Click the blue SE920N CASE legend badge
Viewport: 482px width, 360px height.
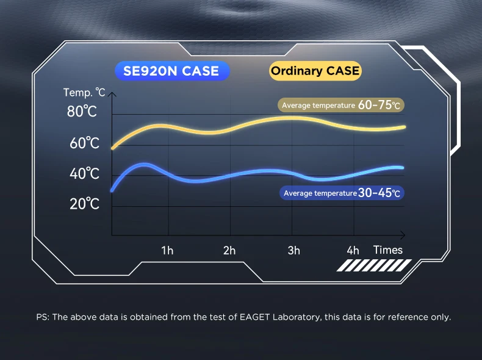[172, 71]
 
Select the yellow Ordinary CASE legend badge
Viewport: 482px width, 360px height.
[315, 71]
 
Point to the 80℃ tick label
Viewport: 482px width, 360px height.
[82, 111]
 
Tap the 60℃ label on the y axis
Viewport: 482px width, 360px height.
[84, 143]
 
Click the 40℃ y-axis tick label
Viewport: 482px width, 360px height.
[84, 173]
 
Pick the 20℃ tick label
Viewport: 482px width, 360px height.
[84, 204]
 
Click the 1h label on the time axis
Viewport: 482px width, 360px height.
[167, 251]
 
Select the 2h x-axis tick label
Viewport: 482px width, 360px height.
[229, 251]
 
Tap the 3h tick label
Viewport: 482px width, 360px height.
[294, 251]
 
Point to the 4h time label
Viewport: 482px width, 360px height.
[353, 251]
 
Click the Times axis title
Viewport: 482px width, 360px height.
[388, 250]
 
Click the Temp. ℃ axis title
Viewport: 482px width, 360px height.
[84, 92]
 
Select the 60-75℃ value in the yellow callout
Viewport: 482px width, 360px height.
[379, 105]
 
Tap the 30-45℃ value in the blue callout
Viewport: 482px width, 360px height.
[379, 193]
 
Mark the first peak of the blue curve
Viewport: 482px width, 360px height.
[144, 165]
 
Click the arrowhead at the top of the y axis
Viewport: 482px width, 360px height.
[112, 94]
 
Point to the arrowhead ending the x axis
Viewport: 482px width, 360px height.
[403, 235]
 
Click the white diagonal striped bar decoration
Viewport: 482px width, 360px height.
[374, 265]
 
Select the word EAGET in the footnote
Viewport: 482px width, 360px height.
[254, 317]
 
